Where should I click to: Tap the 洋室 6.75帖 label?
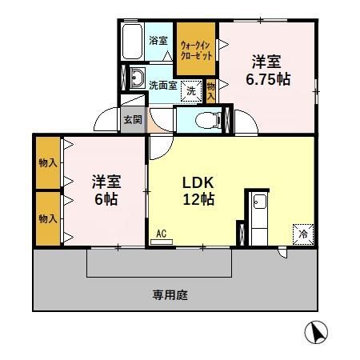pyautogui.click(x=267, y=70)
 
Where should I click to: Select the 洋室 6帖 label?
pyautogui.click(x=104, y=190)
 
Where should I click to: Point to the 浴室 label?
pyautogui.click(x=158, y=40)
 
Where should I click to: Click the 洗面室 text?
pyautogui.click(x=162, y=85)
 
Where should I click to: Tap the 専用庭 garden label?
pyautogui.click(x=170, y=294)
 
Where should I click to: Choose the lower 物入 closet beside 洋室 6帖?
pyautogui.click(x=47, y=218)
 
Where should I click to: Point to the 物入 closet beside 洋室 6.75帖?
pyautogui.click(x=211, y=89)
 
